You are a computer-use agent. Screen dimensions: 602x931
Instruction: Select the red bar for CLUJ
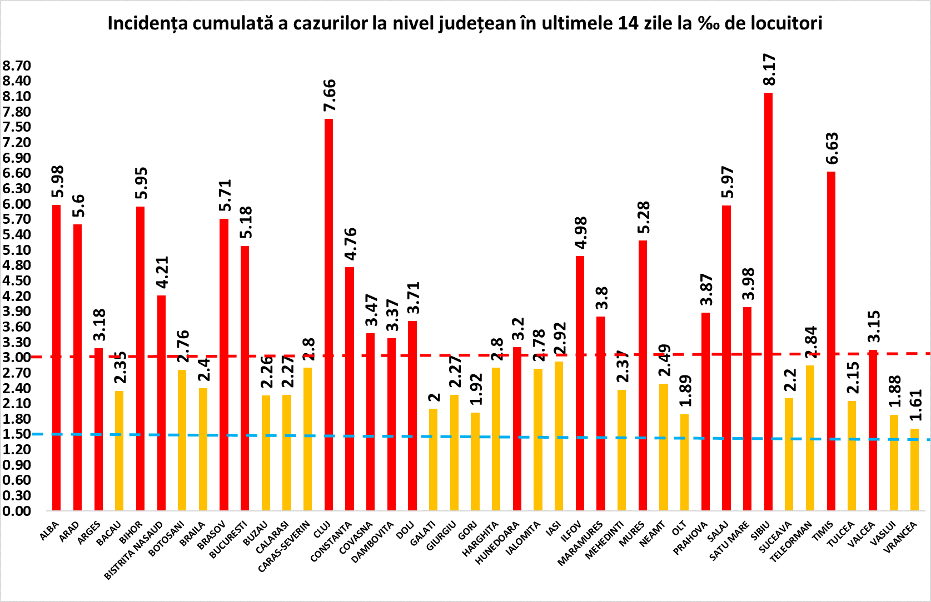[328, 314]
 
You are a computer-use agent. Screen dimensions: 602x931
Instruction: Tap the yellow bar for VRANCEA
[914, 469]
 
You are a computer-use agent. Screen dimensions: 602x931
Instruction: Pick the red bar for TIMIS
[831, 341]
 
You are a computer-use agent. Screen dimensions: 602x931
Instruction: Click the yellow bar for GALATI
[433, 459]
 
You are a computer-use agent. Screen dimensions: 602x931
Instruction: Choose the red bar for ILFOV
[580, 383]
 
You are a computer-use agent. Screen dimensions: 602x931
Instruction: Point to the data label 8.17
[769, 69]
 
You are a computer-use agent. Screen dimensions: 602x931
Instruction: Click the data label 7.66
[330, 96]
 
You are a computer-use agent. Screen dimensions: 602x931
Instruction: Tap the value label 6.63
[832, 148]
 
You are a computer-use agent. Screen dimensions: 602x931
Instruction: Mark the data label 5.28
[644, 217]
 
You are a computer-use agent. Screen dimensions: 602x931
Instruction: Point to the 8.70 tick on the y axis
[17, 66]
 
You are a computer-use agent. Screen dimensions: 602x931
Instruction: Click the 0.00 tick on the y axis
[17, 511]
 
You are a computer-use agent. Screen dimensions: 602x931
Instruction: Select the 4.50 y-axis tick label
[17, 280]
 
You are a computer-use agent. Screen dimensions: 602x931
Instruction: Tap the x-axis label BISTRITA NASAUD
[133, 550]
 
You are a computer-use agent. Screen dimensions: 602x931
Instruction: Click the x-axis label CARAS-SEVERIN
[284, 546]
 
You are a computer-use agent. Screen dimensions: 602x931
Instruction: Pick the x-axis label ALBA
[49, 531]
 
